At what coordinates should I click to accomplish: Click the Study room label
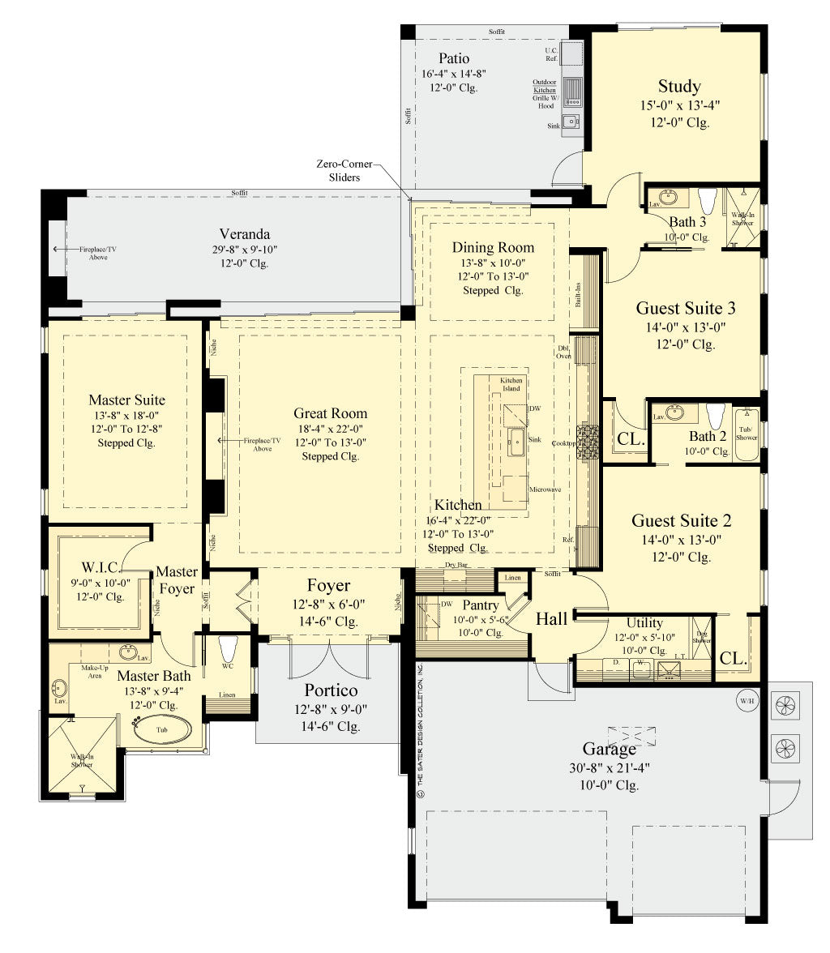[x=679, y=87]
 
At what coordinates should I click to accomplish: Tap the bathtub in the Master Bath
[x=162, y=729]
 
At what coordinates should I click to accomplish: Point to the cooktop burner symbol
[x=587, y=442]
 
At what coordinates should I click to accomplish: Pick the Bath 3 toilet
[x=707, y=200]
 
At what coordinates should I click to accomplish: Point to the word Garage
[x=610, y=749]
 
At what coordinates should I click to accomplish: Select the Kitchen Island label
[x=511, y=385]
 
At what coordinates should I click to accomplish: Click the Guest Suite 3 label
[x=686, y=308]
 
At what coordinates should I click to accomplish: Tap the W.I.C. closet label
[x=101, y=565]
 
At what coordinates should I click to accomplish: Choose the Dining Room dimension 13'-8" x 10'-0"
[x=493, y=263]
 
